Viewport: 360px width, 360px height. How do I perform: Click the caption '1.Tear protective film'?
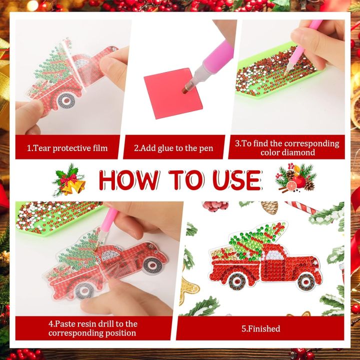[67, 148]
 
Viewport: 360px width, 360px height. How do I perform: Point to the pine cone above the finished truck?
[269, 207]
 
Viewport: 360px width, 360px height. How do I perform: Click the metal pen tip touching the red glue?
[186, 88]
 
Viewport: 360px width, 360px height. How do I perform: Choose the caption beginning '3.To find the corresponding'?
[287, 147]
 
